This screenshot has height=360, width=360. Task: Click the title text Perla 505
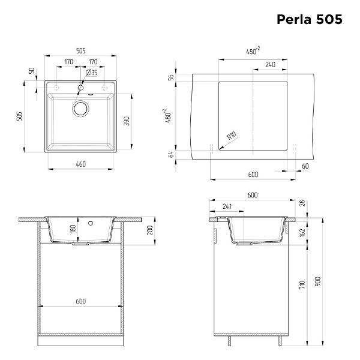coord(309,19)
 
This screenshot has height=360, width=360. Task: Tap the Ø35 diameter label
coord(92,72)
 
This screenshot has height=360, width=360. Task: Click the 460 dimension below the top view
coord(80,164)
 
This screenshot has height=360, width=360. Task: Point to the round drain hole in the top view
coord(80,109)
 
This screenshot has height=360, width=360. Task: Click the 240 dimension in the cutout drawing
coord(270,64)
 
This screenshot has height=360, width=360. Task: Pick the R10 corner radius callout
coord(231,137)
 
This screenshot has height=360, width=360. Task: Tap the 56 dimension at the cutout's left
coord(171,77)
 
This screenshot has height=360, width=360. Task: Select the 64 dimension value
coord(171,154)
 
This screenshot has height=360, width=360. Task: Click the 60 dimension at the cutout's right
coord(305,166)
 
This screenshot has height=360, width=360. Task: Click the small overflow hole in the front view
coord(91,224)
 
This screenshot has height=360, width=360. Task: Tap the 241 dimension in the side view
coord(227,207)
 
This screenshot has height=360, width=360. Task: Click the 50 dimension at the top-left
coord(31,71)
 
